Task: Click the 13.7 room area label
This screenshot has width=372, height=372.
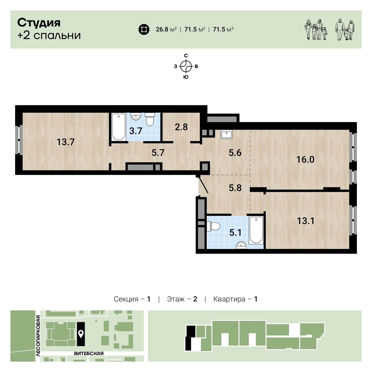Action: click(65, 142)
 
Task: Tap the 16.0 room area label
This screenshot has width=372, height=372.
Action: click(305, 159)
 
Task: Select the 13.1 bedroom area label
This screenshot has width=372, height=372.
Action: click(306, 221)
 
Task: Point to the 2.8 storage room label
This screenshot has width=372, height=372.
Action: click(181, 127)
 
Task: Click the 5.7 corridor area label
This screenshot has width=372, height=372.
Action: click(158, 153)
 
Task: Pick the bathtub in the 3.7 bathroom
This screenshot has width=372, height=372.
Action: click(118, 127)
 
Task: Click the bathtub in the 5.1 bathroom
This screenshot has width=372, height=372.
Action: click(256, 230)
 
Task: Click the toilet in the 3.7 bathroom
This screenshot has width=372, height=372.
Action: click(150, 119)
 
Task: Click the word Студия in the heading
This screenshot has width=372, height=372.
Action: click(39, 23)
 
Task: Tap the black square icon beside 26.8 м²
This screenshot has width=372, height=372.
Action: click(144, 29)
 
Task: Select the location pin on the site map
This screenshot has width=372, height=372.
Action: click(81, 334)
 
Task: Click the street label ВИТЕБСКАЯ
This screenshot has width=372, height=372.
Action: click(89, 354)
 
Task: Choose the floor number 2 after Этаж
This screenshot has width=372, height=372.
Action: click(195, 299)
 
